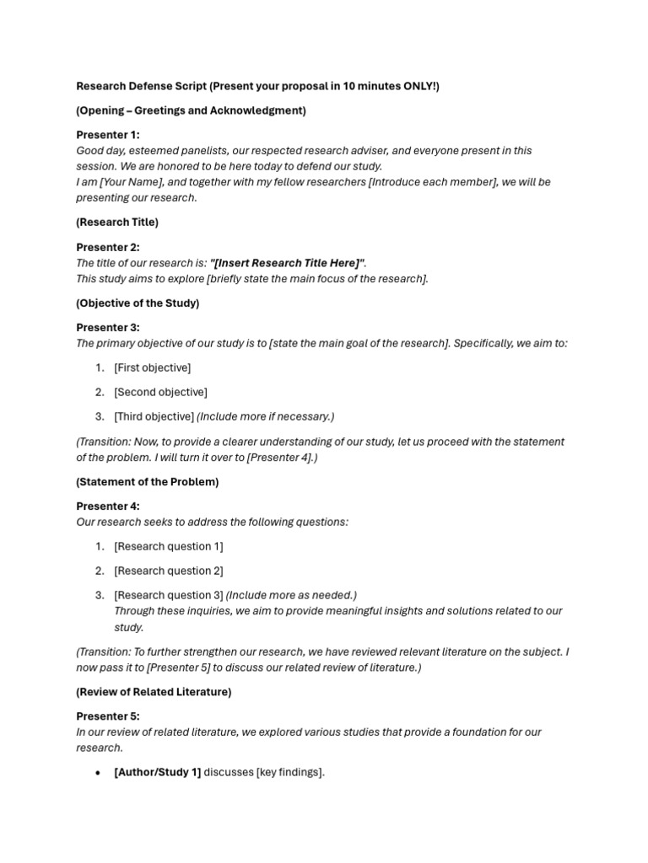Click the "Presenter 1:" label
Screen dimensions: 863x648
point(108,135)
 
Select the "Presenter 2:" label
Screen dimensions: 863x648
point(108,247)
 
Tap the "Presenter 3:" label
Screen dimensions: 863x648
point(108,327)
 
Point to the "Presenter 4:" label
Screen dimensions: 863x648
point(108,507)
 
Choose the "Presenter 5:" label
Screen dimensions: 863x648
point(108,716)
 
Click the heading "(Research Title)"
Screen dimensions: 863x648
point(117,222)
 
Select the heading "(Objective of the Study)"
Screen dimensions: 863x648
point(138,303)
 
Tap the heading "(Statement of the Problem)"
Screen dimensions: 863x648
point(148,482)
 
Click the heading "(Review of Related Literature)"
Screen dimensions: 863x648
point(154,692)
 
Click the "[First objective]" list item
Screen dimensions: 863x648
point(153,367)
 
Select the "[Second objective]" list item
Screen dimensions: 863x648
point(160,392)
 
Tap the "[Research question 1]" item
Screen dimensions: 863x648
point(169,546)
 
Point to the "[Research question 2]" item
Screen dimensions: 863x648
point(169,571)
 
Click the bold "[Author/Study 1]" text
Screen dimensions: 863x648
point(158,772)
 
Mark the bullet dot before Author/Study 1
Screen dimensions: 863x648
point(99,773)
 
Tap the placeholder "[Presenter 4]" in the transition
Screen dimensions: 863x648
point(280,458)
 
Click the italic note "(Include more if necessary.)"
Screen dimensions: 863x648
point(266,416)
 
